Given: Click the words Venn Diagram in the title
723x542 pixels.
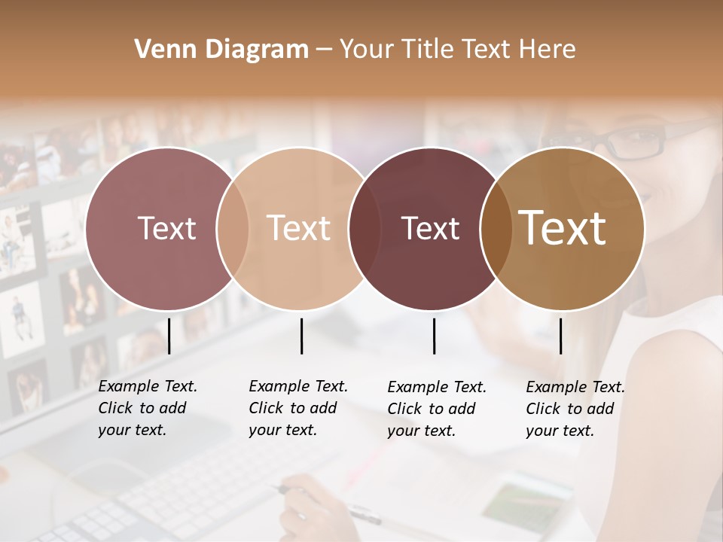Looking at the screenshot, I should coord(221,50).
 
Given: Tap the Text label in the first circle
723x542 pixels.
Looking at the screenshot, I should coord(166,228).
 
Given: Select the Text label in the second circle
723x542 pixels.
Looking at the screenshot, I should coord(299,228).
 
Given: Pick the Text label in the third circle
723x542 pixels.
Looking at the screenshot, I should coord(430,228).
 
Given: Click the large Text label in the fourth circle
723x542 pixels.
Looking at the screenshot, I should coord(563,228).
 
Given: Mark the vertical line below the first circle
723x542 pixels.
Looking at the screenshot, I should coord(169,336).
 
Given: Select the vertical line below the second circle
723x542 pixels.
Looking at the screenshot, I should coord(301,336).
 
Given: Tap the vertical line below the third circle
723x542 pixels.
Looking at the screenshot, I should coord(435,336).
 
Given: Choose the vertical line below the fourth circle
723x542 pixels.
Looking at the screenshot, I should coord(560,336).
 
